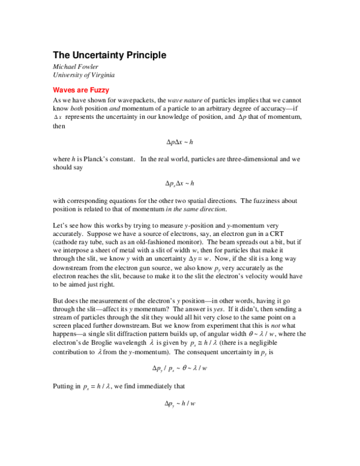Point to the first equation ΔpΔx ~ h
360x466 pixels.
(x=179, y=142)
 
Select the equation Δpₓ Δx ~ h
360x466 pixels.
(x=179, y=182)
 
